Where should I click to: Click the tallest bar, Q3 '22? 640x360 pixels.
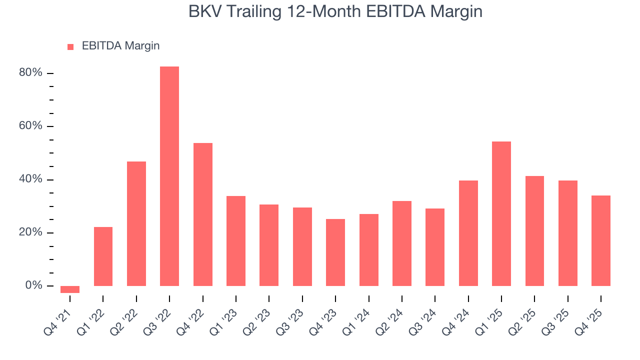[x=169, y=176]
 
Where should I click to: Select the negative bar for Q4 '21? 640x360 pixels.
[x=70, y=289]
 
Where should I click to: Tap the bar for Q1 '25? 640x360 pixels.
[x=501, y=213]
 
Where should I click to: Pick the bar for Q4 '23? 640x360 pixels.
[x=335, y=252]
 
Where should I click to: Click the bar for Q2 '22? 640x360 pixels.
[x=136, y=223]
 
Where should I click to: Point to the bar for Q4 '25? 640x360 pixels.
[x=601, y=240]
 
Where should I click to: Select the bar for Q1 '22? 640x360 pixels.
[x=103, y=256]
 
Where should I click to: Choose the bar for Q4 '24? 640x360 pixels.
[x=468, y=233]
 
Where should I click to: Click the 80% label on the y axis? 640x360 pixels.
[x=30, y=73]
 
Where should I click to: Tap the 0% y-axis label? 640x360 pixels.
[x=33, y=285]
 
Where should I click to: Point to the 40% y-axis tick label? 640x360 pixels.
[x=30, y=179]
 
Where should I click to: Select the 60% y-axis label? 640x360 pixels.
[x=30, y=126]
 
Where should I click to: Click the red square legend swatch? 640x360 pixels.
[x=70, y=46]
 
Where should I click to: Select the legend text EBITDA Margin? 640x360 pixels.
[x=120, y=46]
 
